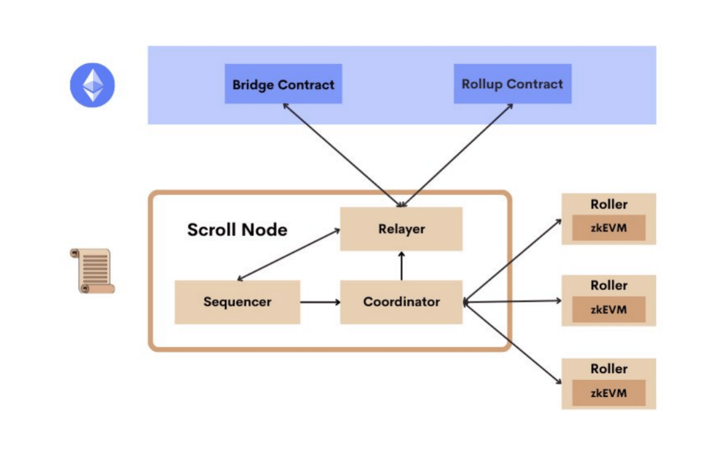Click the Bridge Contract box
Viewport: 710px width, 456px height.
[x=283, y=84]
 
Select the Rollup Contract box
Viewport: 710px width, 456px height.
[x=512, y=84]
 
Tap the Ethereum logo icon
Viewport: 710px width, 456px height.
[x=92, y=85]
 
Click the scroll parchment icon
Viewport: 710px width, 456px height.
[x=92, y=271]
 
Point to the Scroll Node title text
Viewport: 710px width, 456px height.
[x=237, y=229]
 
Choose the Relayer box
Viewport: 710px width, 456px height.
[x=401, y=229]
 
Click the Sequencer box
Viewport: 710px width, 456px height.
[x=237, y=302]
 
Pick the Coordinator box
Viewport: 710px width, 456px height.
[x=401, y=302]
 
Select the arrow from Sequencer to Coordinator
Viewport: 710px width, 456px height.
[x=320, y=302]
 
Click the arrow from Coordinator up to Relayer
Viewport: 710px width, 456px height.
[x=401, y=266]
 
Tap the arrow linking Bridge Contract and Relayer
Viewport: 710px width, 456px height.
[x=342, y=155]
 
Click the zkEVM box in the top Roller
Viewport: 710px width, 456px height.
[x=608, y=227]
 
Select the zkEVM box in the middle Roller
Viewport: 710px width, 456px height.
[x=608, y=310]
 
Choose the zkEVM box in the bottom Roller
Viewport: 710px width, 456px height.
[x=608, y=393]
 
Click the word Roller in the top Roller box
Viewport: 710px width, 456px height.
[x=608, y=204]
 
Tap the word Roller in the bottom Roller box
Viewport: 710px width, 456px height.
[x=608, y=369]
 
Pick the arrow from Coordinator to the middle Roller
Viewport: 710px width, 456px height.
[x=512, y=301]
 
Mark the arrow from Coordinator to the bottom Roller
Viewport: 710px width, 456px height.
[x=512, y=343]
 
